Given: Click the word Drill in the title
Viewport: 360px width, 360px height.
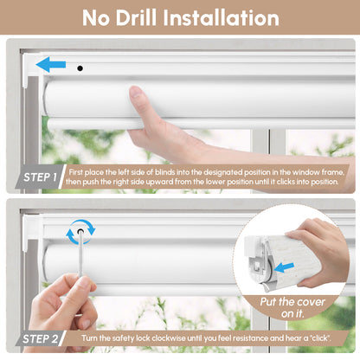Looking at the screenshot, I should pyautogui.click(x=147, y=17).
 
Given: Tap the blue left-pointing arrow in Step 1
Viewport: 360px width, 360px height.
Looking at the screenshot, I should pyautogui.click(x=50, y=63).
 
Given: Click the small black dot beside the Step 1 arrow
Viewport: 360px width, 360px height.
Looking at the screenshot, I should pyautogui.click(x=80, y=67).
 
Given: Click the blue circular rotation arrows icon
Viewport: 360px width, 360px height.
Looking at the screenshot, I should pyautogui.click(x=80, y=231).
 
